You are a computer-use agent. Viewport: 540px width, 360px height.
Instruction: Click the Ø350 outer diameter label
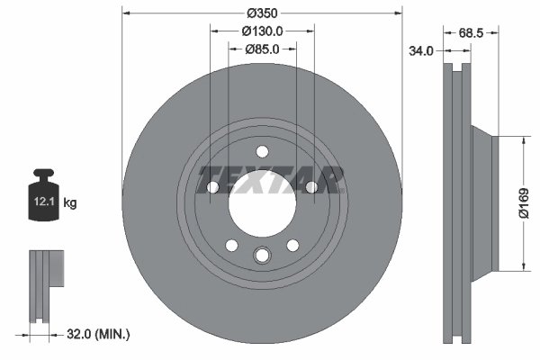pyautogui.click(x=262, y=13)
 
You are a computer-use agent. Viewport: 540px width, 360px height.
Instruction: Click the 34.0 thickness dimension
pyautogui.click(x=420, y=51)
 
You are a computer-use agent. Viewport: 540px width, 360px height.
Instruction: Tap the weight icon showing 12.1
pyautogui.click(x=43, y=196)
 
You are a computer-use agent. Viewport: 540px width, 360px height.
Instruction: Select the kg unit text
pyautogui.click(x=70, y=204)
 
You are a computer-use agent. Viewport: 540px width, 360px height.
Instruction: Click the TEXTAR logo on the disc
pyautogui.click(x=271, y=179)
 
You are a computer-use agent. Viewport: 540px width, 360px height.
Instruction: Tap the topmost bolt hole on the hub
pyautogui.click(x=262, y=151)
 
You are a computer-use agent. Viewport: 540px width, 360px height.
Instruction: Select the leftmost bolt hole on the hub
pyautogui.click(x=212, y=187)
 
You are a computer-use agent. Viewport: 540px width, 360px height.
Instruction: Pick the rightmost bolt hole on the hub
pyautogui.click(x=311, y=187)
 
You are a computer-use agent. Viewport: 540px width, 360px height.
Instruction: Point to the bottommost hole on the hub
pyautogui.click(x=262, y=256)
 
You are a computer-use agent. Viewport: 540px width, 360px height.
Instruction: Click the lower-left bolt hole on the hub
pyautogui.click(x=231, y=246)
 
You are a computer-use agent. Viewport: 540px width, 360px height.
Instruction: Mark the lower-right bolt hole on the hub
pyautogui.click(x=292, y=246)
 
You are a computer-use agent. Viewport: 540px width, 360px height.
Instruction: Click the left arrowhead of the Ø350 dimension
pyautogui.click(x=126, y=13)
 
